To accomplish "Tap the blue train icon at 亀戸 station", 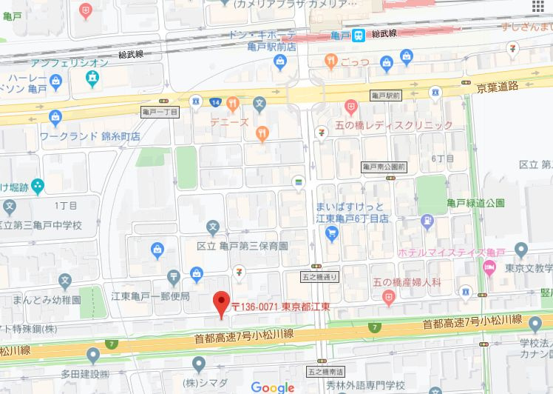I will tap(359, 35).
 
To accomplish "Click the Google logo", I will tap(273, 387).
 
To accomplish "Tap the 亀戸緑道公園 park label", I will tap(475, 202).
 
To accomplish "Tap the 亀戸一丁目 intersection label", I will tap(160, 111).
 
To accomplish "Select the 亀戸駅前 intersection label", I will tap(385, 96).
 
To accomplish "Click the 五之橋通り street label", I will tap(320, 277).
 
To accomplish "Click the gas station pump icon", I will tap(427, 220).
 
